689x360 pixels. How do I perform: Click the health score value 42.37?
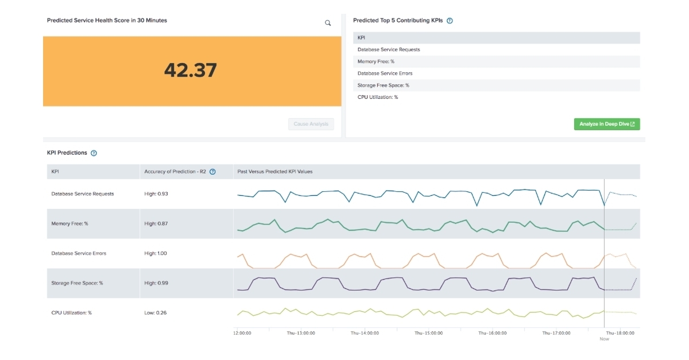191,71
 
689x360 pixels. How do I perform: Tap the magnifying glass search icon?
328,23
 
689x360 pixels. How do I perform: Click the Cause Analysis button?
311,124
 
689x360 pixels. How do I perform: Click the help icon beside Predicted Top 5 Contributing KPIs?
450,21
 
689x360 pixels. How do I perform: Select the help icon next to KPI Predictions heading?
94,153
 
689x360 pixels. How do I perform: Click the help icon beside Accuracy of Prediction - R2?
212,172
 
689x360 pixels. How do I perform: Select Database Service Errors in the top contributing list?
385,73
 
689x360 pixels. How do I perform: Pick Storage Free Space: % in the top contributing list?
383,86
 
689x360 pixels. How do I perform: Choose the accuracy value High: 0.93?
156,194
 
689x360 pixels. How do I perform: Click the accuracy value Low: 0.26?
156,313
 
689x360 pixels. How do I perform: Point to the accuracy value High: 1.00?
156,253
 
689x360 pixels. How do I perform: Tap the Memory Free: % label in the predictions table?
69,223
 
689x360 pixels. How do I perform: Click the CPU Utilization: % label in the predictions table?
71,313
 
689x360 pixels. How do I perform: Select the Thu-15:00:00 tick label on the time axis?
429,333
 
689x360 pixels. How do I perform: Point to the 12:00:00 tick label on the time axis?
242,333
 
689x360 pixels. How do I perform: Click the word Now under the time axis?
604,339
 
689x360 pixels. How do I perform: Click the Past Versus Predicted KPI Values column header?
274,172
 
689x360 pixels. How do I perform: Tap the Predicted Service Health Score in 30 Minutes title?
107,20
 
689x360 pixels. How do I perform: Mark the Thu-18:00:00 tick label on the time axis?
620,333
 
